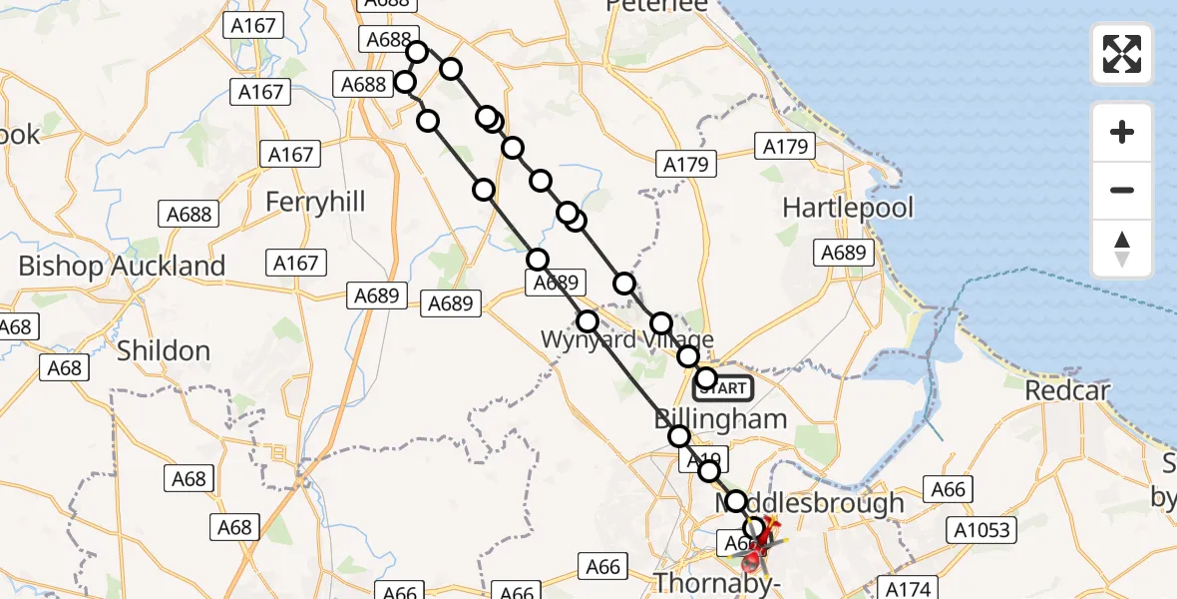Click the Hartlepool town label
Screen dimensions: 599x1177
[848, 209]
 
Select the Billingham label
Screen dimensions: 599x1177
[721, 418]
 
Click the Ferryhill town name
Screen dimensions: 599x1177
[315, 202]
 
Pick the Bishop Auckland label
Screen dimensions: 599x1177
[122, 267]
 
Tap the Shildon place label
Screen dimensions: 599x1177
[164, 350]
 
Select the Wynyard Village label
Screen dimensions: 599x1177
[626, 339]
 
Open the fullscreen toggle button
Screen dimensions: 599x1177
[1122, 54]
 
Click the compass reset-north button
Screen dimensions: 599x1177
[1122, 249]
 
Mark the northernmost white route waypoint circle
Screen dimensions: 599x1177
[417, 52]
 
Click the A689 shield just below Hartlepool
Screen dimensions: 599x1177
[844, 253]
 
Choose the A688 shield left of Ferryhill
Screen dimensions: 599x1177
[189, 213]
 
